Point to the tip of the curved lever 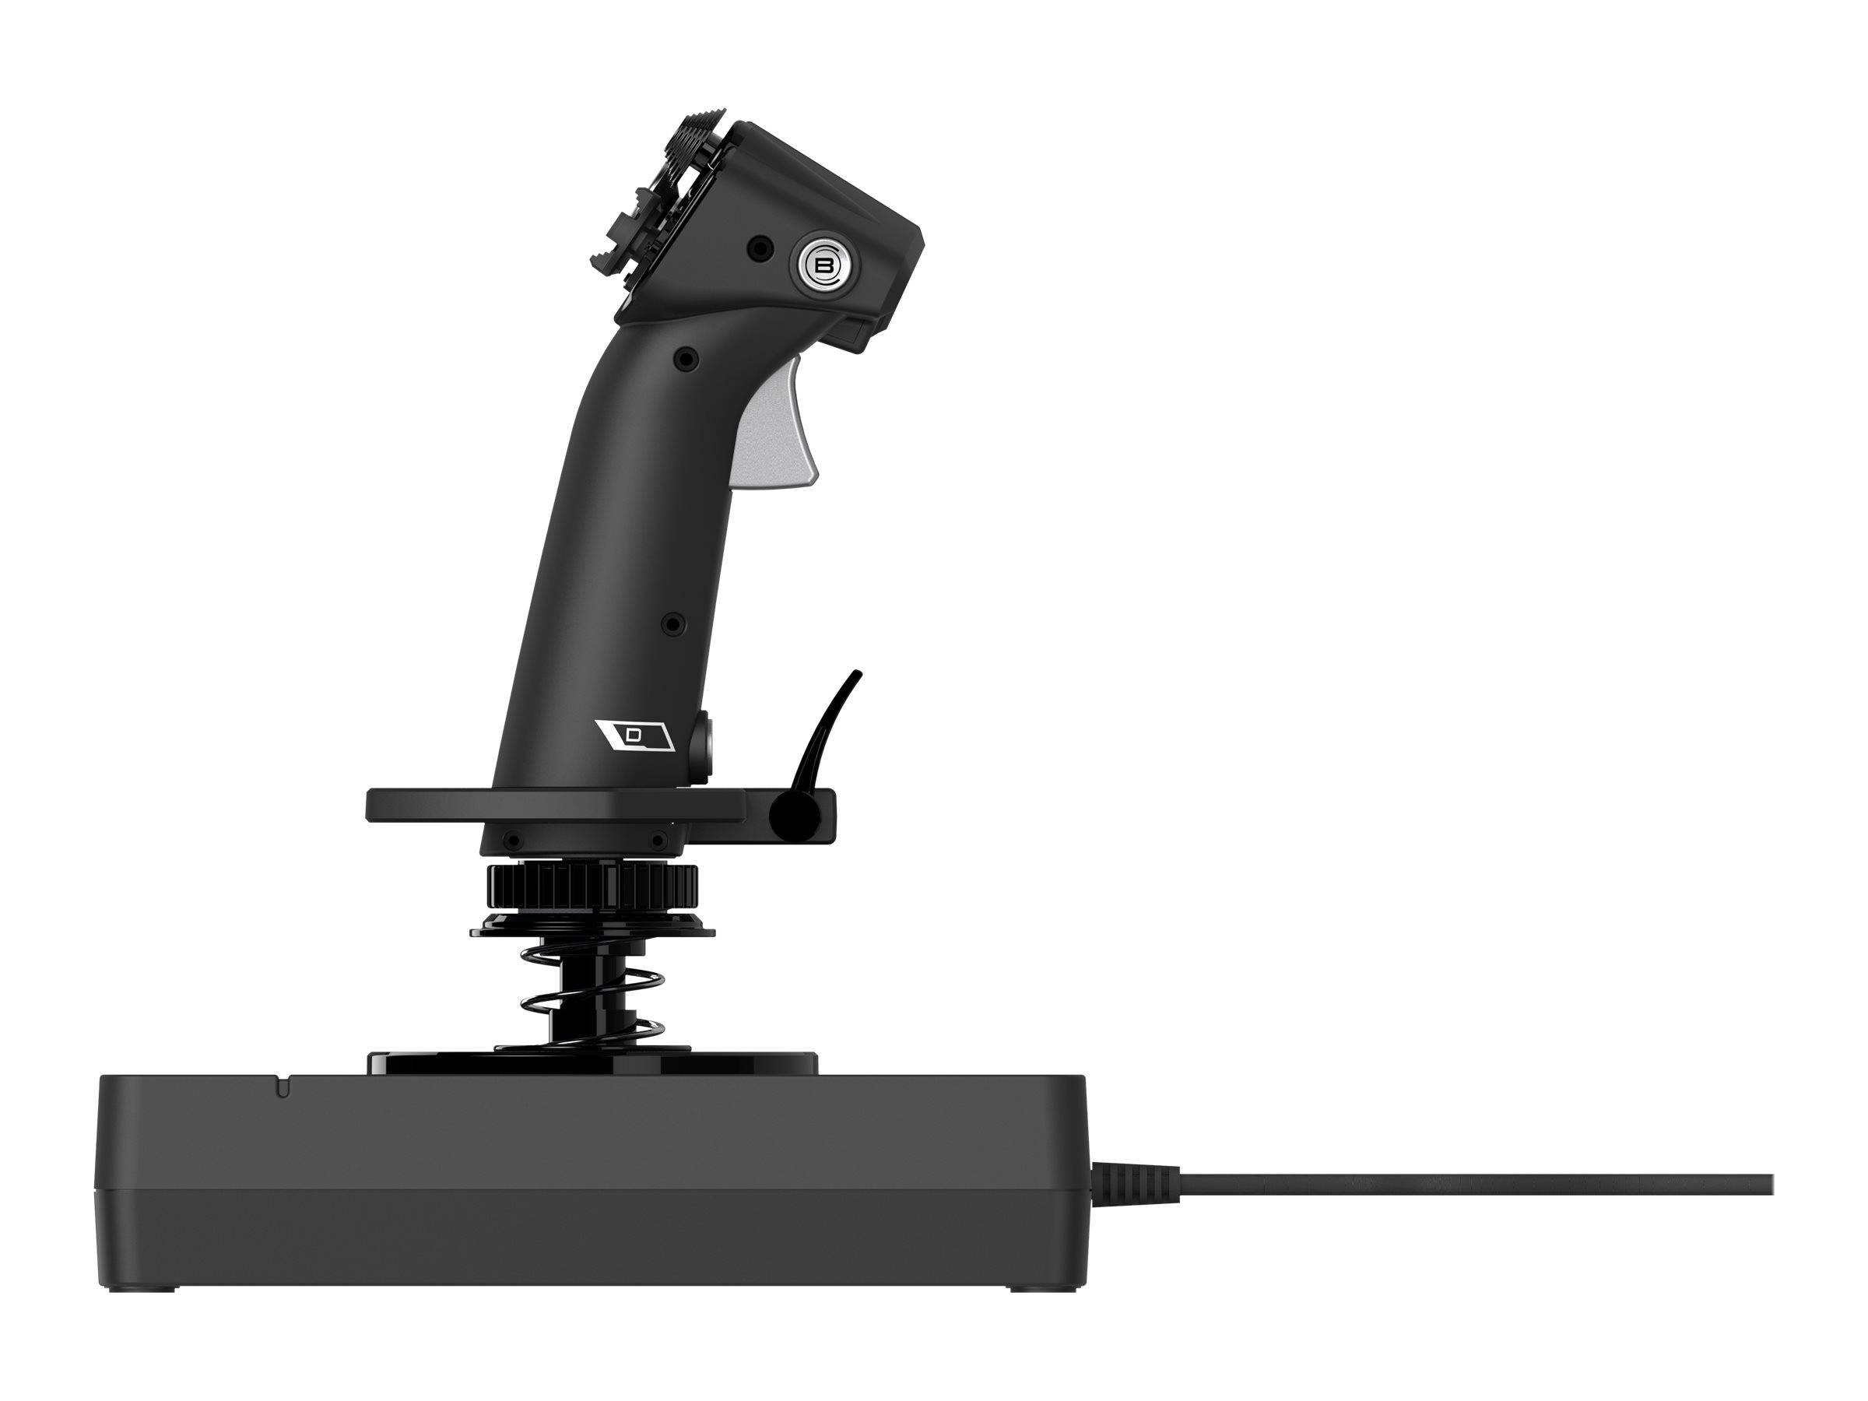(x=858, y=675)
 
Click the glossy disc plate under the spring (x=591, y=1062)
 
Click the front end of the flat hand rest (x=376, y=805)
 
